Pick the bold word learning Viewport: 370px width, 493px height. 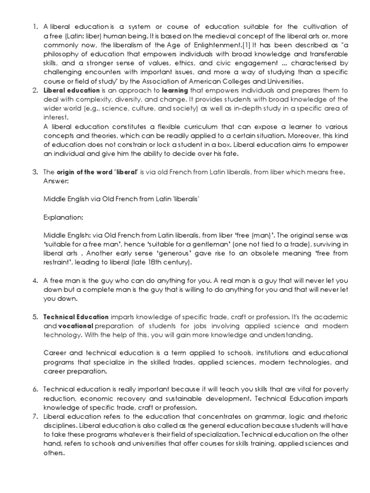(x=161, y=90)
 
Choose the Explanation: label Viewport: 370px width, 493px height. (x=63, y=218)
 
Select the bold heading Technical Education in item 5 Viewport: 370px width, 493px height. (x=76, y=317)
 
